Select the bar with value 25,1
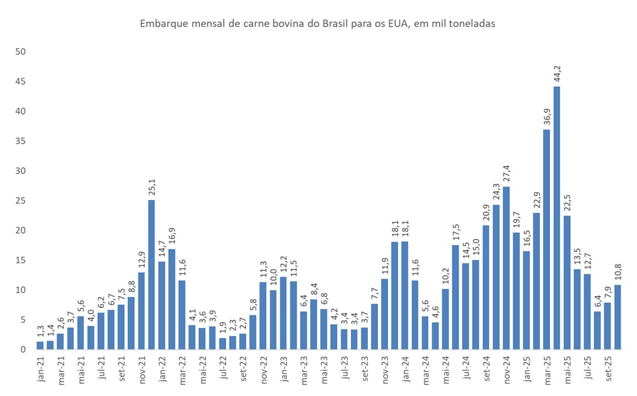tap(151, 274)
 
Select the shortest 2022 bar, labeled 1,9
tap(222, 343)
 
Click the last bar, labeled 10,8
tap(618, 317)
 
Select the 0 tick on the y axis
tap(22, 349)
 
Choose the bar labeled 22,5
tap(567, 282)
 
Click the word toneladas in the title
tap(473, 24)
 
